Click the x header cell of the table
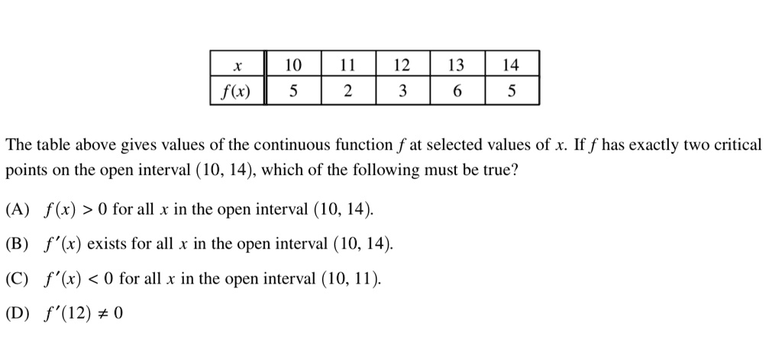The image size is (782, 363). (238, 66)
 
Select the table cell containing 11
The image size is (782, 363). (347, 66)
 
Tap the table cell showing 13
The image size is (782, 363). (457, 66)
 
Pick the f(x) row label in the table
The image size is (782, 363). (238, 92)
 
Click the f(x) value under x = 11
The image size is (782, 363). (347, 92)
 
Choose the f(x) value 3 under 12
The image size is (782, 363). (402, 92)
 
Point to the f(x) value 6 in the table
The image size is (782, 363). (457, 92)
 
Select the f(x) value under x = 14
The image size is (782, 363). (512, 92)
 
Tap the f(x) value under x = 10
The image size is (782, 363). (292, 92)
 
